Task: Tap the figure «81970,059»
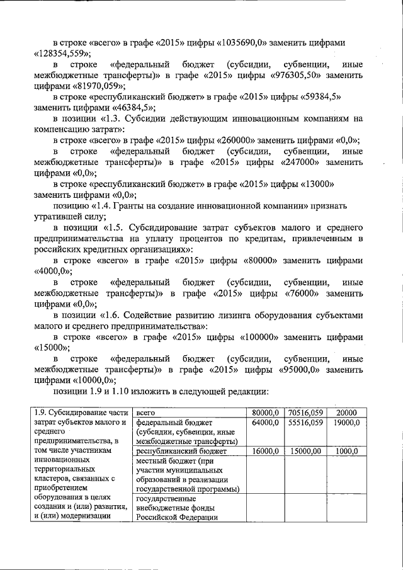coord(95,86)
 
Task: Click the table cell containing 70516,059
coord(304,411)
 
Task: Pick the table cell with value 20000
coord(346,411)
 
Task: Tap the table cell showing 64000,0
coord(265,423)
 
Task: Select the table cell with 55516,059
coord(304,423)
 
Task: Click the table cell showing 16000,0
coord(265,451)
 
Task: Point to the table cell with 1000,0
coord(346,451)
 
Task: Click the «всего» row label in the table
coord(146,411)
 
